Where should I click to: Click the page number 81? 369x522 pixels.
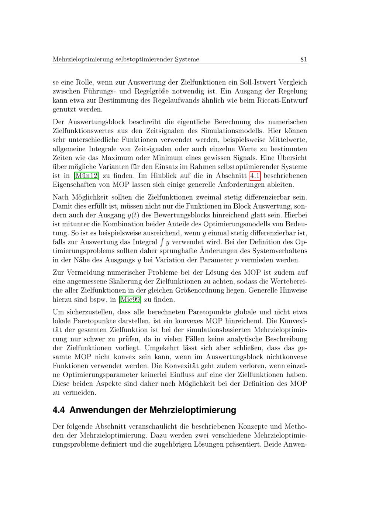tap(304, 59)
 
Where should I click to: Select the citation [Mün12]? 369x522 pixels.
tap(86, 176)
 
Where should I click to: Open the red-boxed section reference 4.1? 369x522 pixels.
tap(255, 176)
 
